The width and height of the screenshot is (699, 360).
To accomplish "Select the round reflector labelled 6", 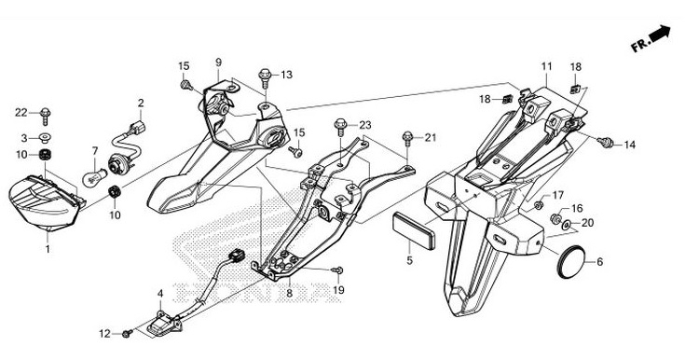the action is pyautogui.click(x=570, y=262).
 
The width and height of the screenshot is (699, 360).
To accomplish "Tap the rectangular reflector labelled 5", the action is pyautogui.click(x=413, y=230).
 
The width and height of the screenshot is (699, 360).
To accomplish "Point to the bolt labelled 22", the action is pyautogui.click(x=45, y=116).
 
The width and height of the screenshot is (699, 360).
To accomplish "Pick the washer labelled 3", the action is pyautogui.click(x=45, y=136).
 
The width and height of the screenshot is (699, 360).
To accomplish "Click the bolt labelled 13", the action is pyautogui.click(x=265, y=77).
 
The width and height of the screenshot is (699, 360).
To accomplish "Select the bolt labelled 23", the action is pyautogui.click(x=340, y=126).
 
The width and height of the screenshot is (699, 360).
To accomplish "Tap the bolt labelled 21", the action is pyautogui.click(x=407, y=138).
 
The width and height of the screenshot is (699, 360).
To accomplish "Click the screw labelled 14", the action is pyautogui.click(x=606, y=143).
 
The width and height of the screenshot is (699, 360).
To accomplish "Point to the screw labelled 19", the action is pyautogui.click(x=336, y=270).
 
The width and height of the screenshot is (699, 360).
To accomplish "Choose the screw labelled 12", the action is pyautogui.click(x=127, y=333).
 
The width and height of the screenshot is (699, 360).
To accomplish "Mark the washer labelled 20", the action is pyautogui.click(x=567, y=224).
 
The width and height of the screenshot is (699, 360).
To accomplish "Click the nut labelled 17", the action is pyautogui.click(x=538, y=205).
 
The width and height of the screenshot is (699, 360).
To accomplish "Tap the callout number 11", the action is pyautogui.click(x=546, y=66).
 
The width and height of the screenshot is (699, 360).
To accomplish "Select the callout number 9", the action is pyautogui.click(x=218, y=62).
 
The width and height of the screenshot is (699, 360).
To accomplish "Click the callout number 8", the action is pyautogui.click(x=289, y=294).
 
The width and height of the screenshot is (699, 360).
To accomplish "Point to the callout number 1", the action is pyautogui.click(x=48, y=249).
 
